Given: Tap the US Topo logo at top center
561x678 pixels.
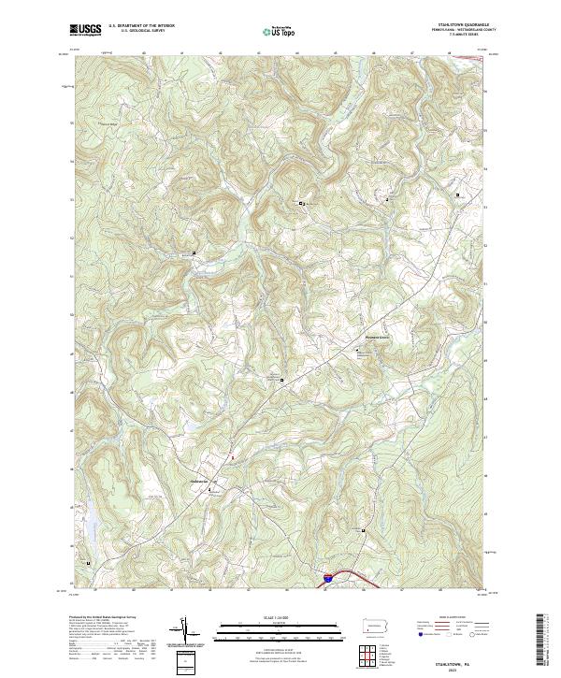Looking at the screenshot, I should (x=280, y=31).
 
